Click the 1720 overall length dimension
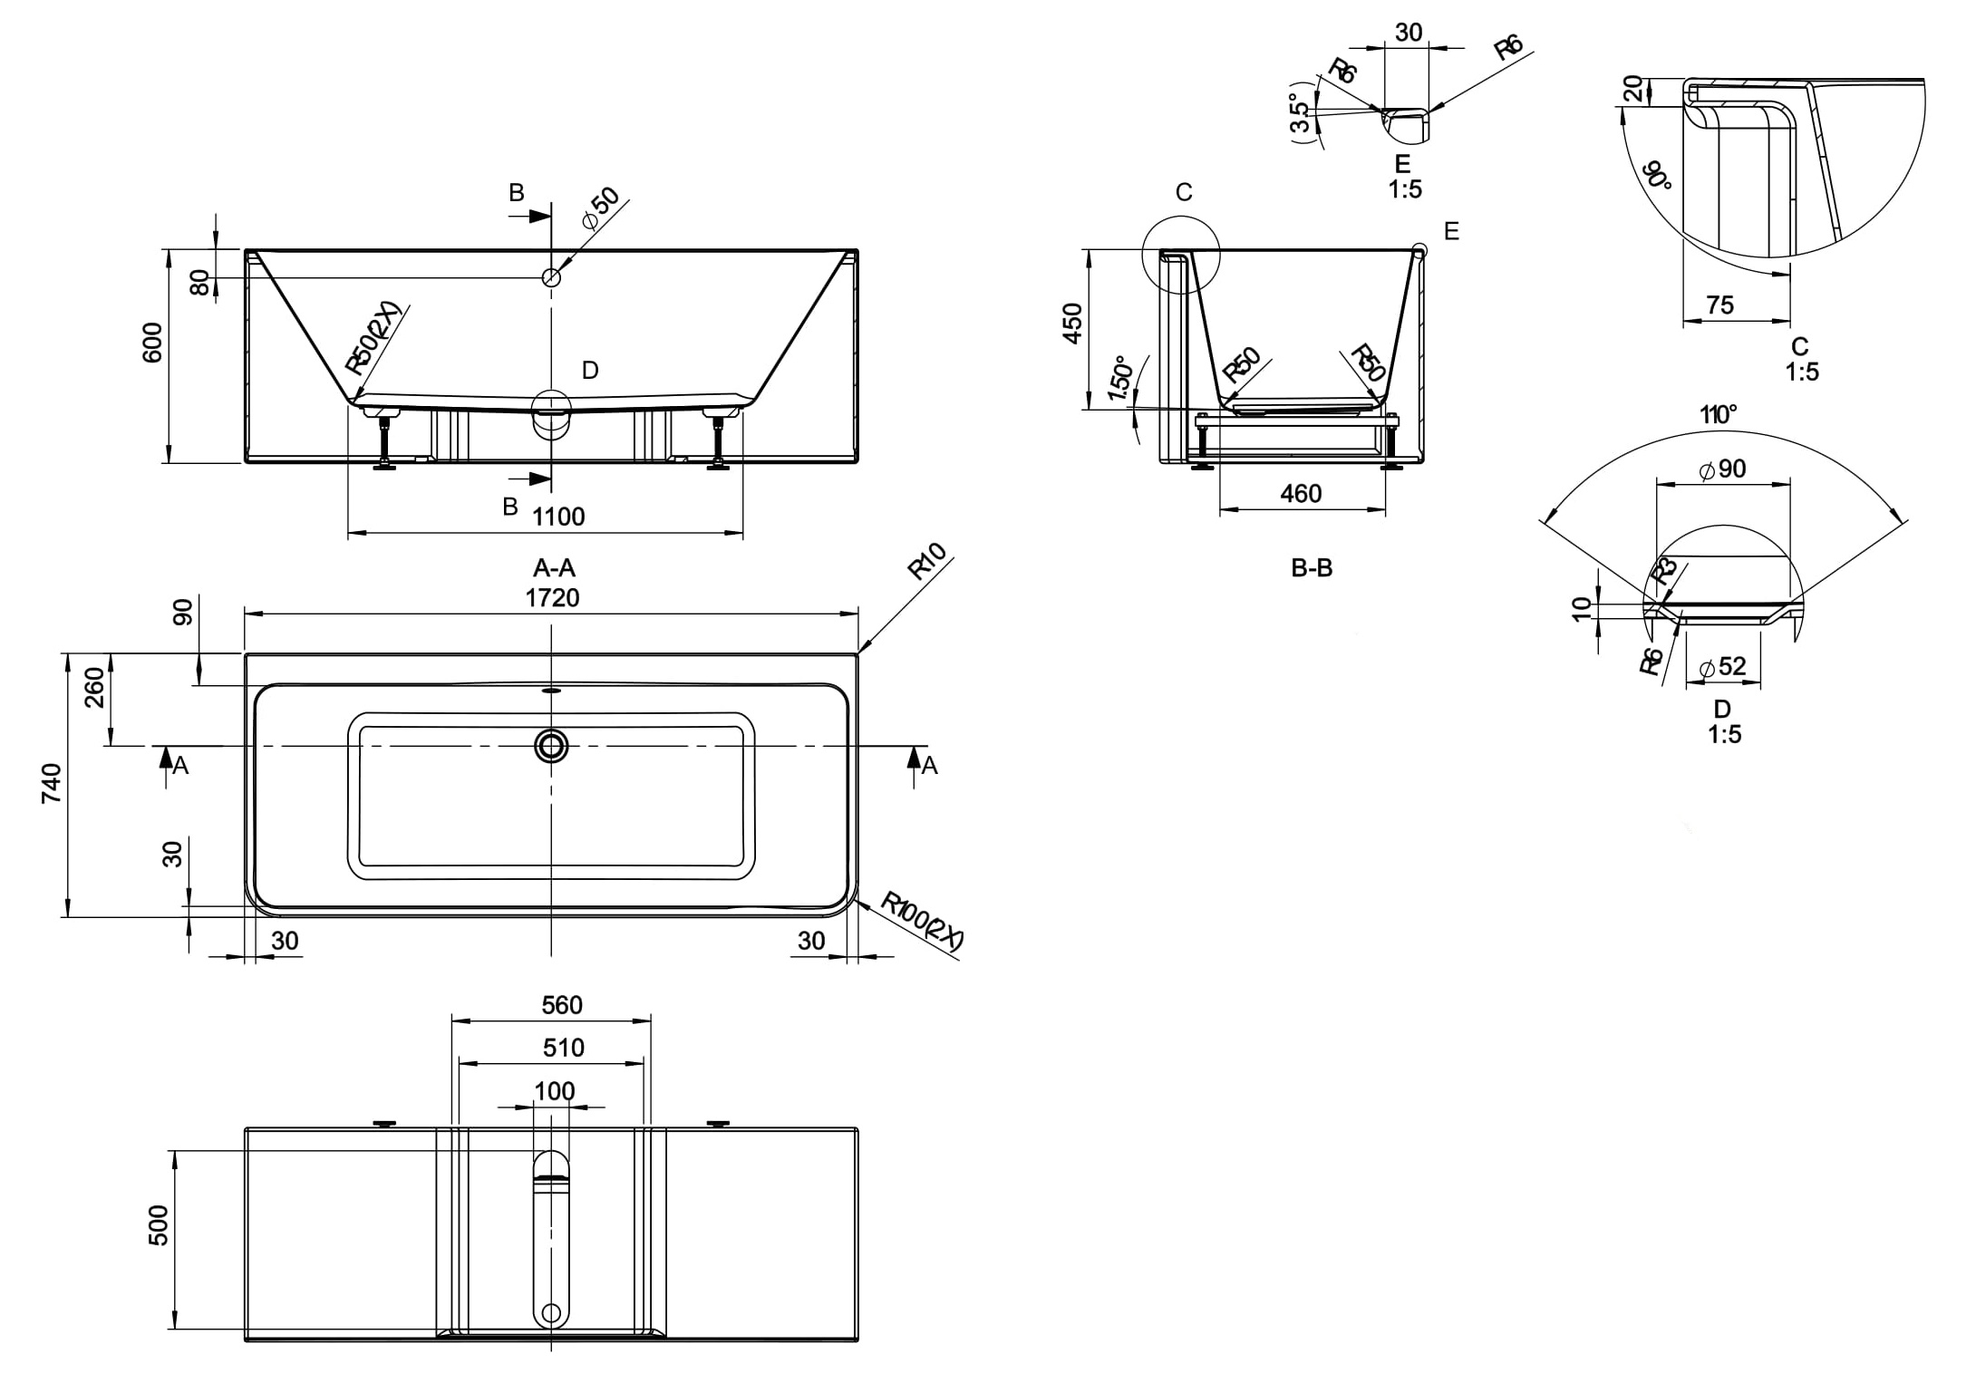[553, 598]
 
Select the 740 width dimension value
[52, 784]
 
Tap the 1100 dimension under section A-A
[558, 517]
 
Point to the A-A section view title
[554, 568]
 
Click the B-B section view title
[1312, 568]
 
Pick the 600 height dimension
[153, 343]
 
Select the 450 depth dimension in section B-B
[1072, 324]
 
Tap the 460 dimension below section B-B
[1301, 494]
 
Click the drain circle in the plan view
[551, 746]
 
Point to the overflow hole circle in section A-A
[551, 277]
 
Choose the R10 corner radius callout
[926, 561]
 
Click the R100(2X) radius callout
[922, 922]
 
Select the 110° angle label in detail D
[1718, 415]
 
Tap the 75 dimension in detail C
[1719, 305]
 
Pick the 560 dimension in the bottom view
[562, 1005]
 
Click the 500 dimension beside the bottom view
[159, 1225]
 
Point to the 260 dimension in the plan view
[95, 688]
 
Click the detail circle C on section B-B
[1181, 255]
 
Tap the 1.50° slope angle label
[1121, 379]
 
